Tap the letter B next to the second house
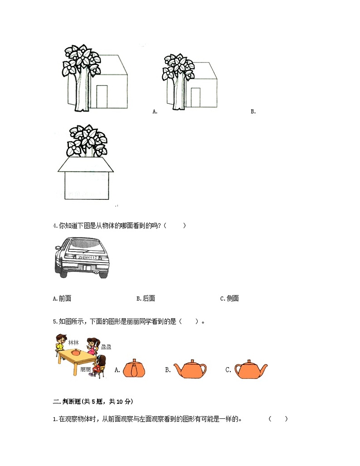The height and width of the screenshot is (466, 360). tap(253, 112)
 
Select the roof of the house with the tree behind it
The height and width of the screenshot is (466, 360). tap(86, 165)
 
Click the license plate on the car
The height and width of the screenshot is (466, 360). tap(87, 257)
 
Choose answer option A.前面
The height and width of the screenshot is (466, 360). tap(62, 298)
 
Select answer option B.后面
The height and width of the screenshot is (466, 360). tap(146, 298)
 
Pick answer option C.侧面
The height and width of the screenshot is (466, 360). tap(229, 298)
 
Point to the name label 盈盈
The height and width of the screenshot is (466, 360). tap(106, 347)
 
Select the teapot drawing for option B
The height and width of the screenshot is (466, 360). tap(190, 369)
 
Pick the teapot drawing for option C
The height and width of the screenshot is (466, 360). tap(251, 369)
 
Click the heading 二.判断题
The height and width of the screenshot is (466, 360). tap(93, 401)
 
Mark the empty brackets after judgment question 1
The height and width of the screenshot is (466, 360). tap(278, 419)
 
